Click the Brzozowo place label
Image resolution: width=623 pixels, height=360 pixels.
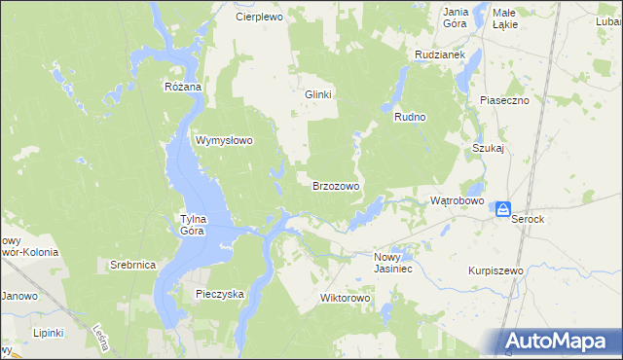pyautogui.click(x=336, y=185)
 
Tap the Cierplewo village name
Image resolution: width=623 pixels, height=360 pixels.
pyautogui.click(x=258, y=17)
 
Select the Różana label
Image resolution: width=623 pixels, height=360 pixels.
pyautogui.click(x=182, y=87)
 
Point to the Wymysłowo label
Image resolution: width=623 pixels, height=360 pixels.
pyautogui.click(x=225, y=140)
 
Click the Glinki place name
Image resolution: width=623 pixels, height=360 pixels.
pyautogui.click(x=319, y=94)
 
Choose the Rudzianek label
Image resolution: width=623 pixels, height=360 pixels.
pyautogui.click(x=439, y=55)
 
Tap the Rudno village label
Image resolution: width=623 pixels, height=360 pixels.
pyautogui.click(x=411, y=117)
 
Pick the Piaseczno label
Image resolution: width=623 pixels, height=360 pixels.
pyautogui.click(x=503, y=100)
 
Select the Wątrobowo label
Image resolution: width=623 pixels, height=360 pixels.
pyautogui.click(x=458, y=200)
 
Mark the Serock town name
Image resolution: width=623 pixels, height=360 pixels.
pyautogui.click(x=529, y=220)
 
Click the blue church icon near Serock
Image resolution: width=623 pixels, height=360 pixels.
pyautogui.click(x=503, y=209)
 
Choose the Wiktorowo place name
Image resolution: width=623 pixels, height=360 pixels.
pyautogui.click(x=347, y=298)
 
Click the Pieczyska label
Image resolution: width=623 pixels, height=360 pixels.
pyautogui.click(x=220, y=293)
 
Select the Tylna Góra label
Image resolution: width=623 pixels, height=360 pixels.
pyautogui.click(x=195, y=225)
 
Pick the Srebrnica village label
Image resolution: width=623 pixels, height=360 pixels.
pyautogui.click(x=133, y=265)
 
